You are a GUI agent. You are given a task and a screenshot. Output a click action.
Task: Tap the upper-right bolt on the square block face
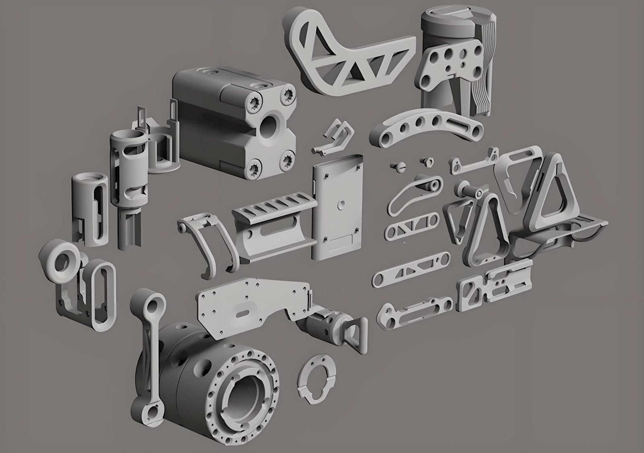pyautogui.click(x=289, y=94)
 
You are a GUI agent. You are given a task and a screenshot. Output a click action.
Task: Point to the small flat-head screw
pyautogui.click(x=396, y=166)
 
